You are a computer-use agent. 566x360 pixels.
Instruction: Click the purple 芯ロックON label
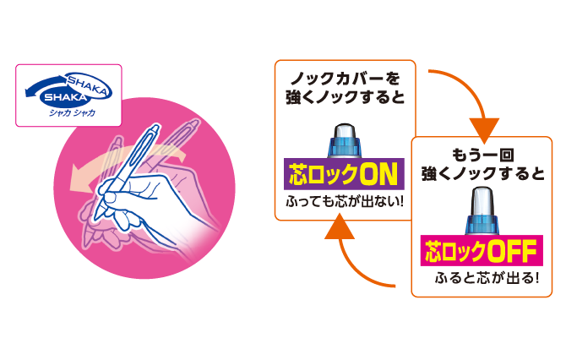tap(344, 176)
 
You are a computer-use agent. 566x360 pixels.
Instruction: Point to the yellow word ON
tap(378, 176)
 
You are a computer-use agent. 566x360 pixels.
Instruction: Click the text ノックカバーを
tap(344, 79)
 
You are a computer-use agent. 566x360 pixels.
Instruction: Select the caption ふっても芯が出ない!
tap(344, 203)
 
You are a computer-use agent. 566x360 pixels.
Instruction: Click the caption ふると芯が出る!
tap(485, 278)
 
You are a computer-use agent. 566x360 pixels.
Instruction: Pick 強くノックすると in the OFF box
tap(484, 176)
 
